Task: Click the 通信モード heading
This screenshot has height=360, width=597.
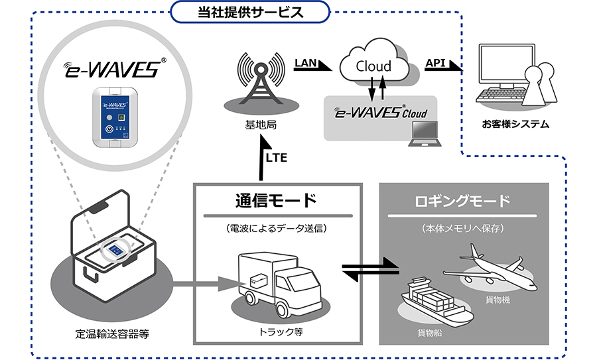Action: tap(276, 200)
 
